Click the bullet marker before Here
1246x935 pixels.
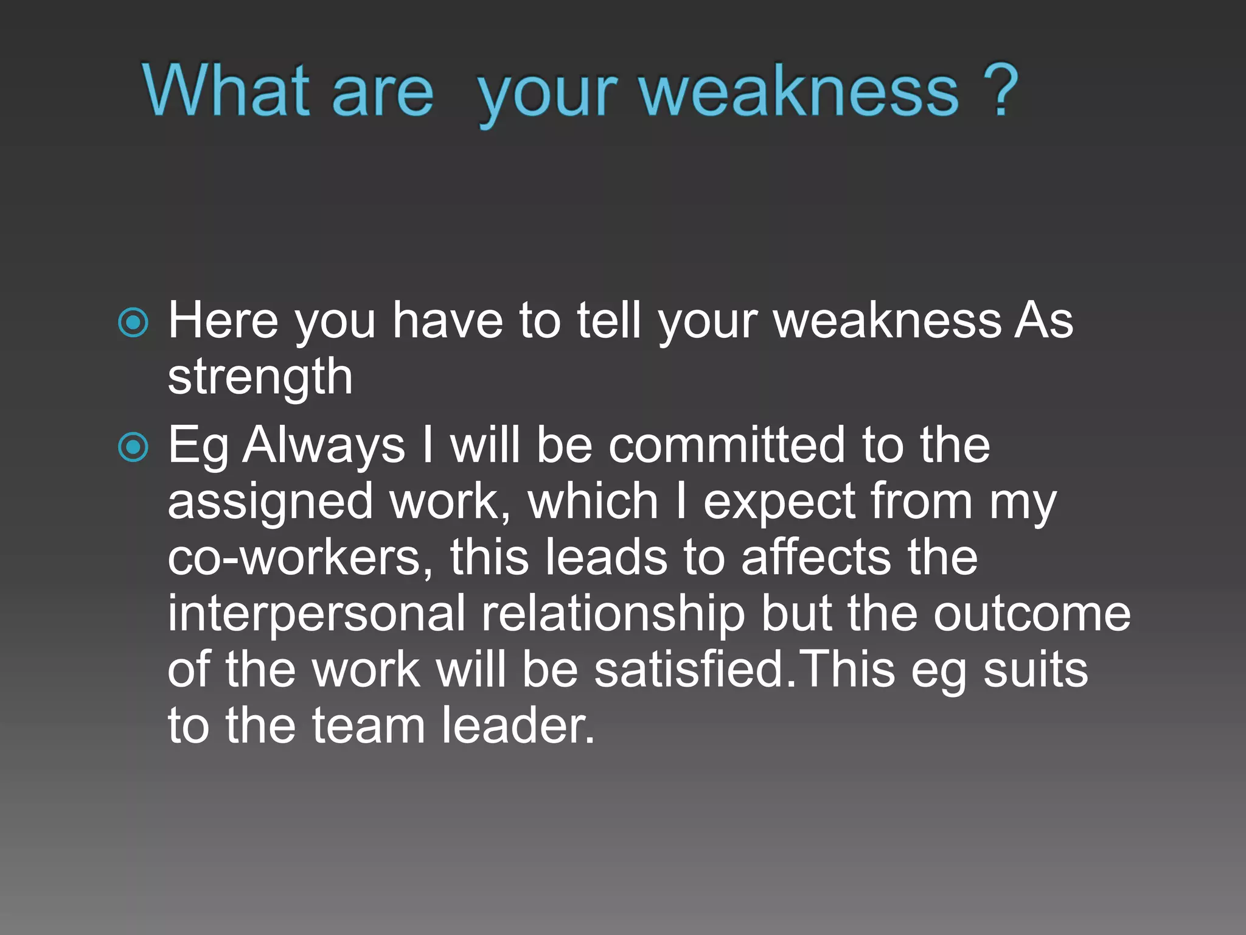coord(133,322)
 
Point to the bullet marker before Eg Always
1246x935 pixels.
coord(133,447)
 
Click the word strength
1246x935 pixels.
coord(260,377)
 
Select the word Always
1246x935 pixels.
coord(324,446)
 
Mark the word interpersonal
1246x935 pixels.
coord(316,614)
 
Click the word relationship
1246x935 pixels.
coord(613,614)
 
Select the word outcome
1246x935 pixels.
coord(1032,614)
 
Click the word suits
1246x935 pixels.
coord(1035,670)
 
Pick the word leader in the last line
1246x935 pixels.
coord(518,726)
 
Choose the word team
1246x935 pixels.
coord(368,726)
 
